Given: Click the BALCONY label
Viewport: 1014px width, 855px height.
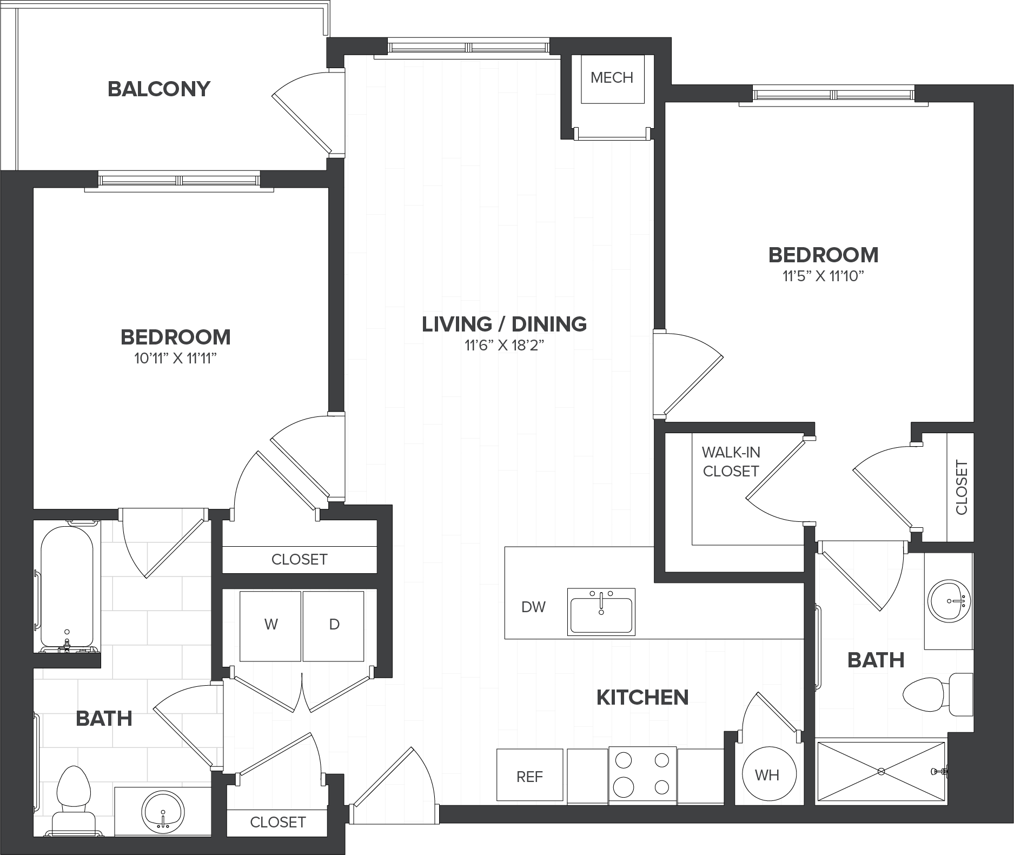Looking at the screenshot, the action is click(x=159, y=89).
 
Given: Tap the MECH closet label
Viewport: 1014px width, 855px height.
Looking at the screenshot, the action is click(x=612, y=78).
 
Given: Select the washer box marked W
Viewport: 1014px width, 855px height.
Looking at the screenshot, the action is click(x=270, y=626).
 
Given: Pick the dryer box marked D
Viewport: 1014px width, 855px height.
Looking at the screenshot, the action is click(x=334, y=626).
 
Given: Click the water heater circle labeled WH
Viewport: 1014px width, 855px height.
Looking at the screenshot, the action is click(x=767, y=774).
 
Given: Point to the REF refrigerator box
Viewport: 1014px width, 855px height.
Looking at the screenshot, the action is click(x=530, y=776).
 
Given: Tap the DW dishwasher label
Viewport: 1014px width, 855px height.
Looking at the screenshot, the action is click(x=533, y=607).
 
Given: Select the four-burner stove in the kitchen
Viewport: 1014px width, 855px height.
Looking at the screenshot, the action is click(x=642, y=775).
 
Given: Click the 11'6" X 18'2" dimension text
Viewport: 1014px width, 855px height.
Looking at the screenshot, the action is click(x=504, y=346).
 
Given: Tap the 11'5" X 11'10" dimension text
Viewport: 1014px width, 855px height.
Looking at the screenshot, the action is click(x=823, y=276).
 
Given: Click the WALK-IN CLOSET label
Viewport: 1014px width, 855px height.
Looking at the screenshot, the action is click(x=731, y=461).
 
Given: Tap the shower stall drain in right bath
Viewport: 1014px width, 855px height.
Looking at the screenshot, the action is click(x=882, y=771).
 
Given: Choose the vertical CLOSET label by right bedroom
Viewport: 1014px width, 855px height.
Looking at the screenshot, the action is click(x=961, y=487).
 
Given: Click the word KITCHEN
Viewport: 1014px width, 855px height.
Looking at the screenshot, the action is click(x=642, y=698).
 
